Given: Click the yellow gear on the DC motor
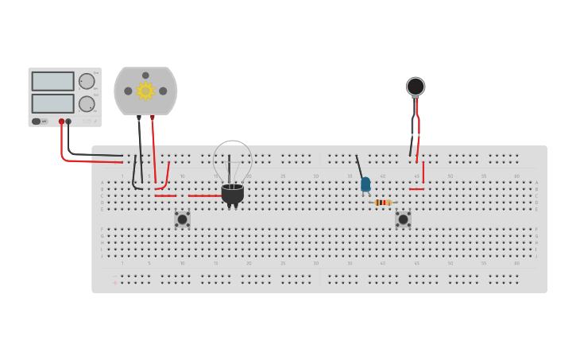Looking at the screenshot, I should pyautogui.click(x=145, y=91).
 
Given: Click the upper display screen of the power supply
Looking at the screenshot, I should pyautogui.click(x=52, y=81).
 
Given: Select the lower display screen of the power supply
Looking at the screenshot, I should pyautogui.click(x=52, y=103).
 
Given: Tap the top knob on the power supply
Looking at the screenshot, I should pyautogui.click(x=87, y=81).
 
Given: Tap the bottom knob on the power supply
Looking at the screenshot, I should pyautogui.click(x=87, y=103).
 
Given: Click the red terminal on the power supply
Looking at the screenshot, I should pyautogui.click(x=61, y=122).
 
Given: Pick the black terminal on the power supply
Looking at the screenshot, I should pyautogui.click(x=68, y=122).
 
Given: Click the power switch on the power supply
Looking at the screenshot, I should pyautogui.click(x=37, y=122).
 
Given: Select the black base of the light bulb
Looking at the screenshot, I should pyautogui.click(x=232, y=193).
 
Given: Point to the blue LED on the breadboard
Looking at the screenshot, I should pyautogui.click(x=365, y=184).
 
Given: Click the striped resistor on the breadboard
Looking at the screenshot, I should pyautogui.click(x=383, y=203).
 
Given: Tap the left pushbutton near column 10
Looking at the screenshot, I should pyautogui.click(x=182, y=219).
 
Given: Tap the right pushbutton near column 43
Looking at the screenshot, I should pyautogui.click(x=403, y=219).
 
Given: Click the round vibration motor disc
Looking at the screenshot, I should pyautogui.click(x=416, y=86).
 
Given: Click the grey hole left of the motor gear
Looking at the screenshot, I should pyautogui.click(x=128, y=91).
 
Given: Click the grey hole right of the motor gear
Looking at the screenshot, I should pyautogui.click(x=163, y=91).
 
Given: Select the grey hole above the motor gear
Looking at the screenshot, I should pyautogui.click(x=145, y=75).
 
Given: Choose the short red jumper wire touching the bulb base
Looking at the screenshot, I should pyautogui.click(x=204, y=195).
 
